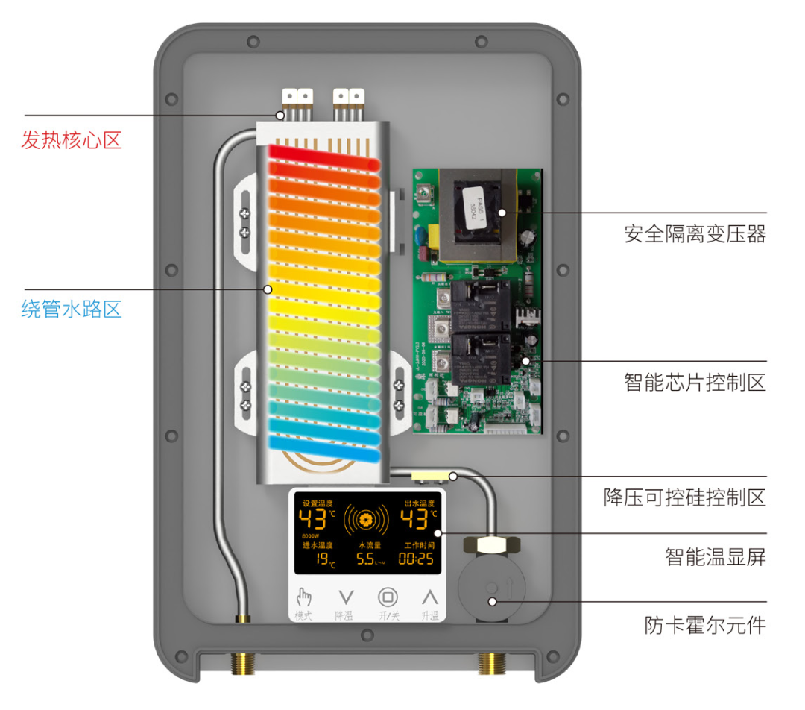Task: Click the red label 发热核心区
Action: point(71,139)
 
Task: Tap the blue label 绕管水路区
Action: point(71,309)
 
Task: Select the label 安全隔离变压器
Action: point(695,234)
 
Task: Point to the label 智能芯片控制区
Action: point(695,383)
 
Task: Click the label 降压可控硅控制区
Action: point(684,497)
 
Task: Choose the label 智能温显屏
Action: point(715,556)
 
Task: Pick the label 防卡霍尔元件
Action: point(704,624)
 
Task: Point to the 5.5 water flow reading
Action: point(367,560)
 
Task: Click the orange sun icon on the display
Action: point(366,518)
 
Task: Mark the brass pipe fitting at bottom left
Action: point(242,662)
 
